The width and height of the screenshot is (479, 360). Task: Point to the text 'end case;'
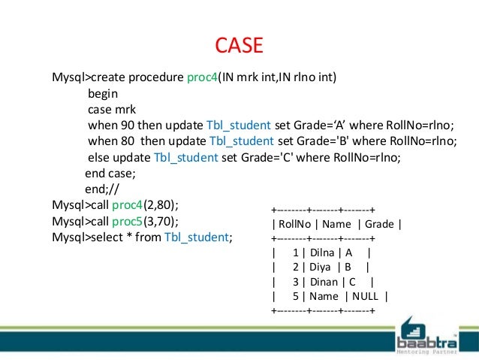pyautogui.click(x=109, y=174)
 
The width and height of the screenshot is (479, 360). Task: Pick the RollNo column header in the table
pyautogui.click(x=297, y=223)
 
